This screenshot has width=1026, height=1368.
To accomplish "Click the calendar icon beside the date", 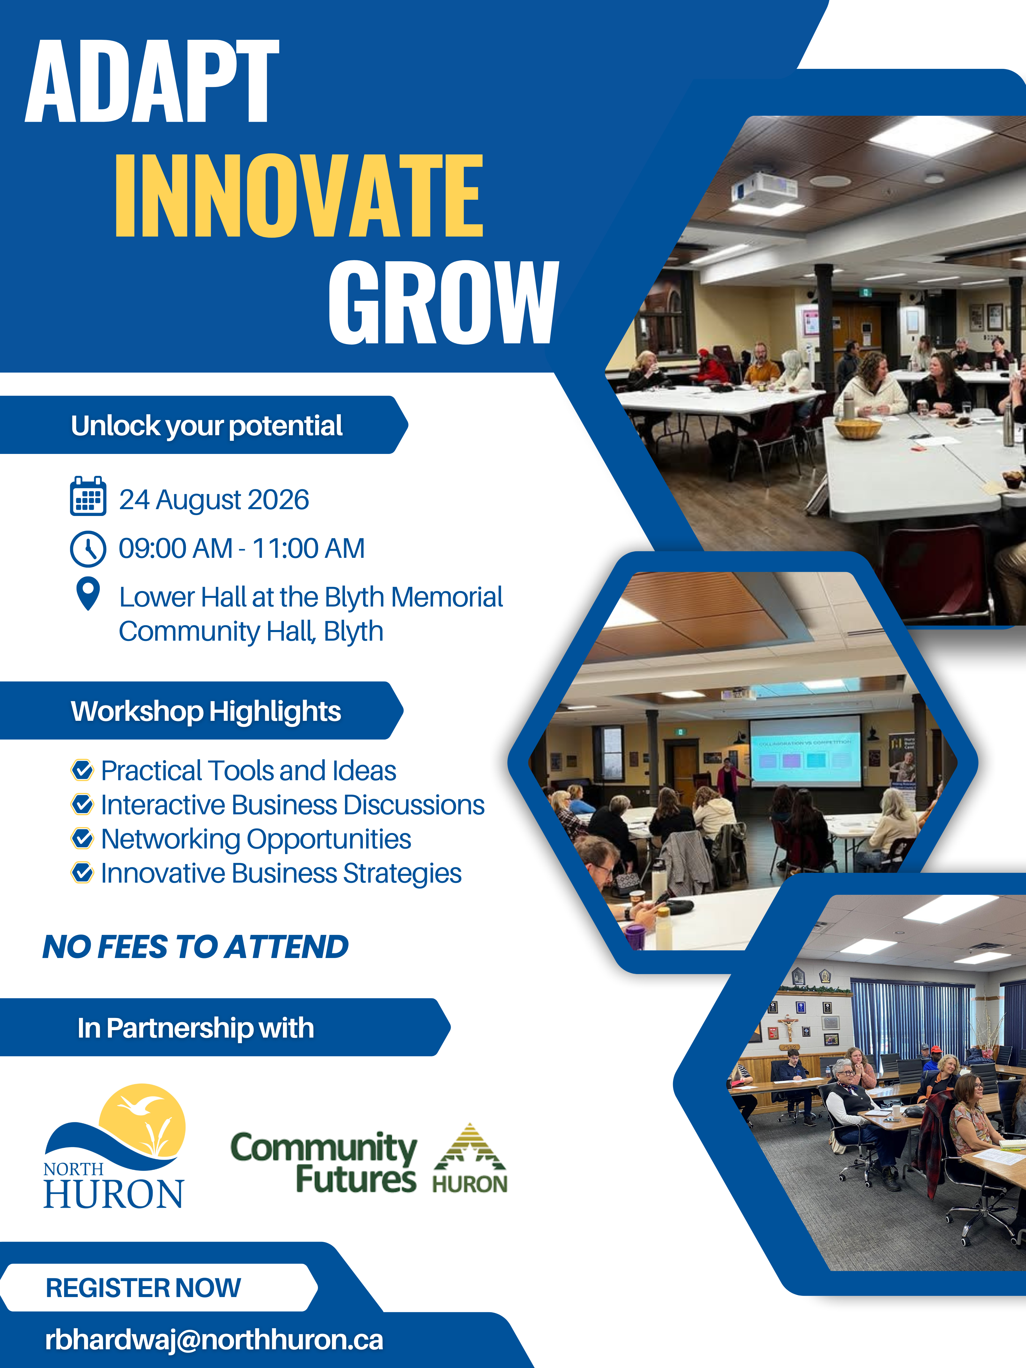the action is pos(88,496).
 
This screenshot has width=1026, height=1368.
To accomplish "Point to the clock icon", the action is pos(88,549).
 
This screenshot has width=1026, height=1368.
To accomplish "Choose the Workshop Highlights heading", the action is pos(206,711).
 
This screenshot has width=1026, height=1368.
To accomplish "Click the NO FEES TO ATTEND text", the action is pos(195,947).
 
